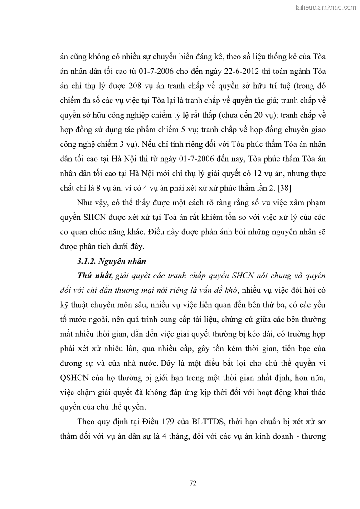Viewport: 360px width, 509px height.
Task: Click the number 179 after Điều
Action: coord(159,421)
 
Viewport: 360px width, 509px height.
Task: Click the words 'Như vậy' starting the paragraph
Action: coord(92,202)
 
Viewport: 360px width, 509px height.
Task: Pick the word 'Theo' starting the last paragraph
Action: coord(86,421)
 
